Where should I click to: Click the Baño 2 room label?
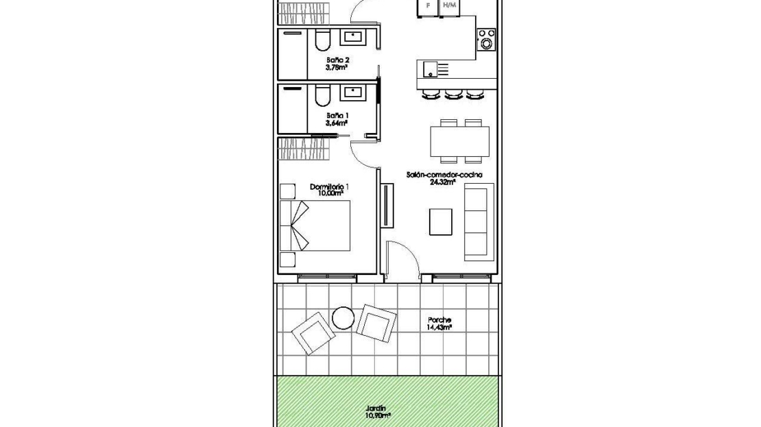tap(338, 60)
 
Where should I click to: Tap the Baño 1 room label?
tap(338, 116)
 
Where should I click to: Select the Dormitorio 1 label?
tap(330, 187)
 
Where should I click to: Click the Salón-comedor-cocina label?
tap(444, 175)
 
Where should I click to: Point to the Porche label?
tap(439, 320)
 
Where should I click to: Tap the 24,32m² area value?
tap(442, 182)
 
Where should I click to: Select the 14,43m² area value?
tap(439, 328)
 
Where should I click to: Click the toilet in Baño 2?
tap(322, 40)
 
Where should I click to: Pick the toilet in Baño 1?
tap(322, 96)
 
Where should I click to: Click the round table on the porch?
tap(343, 318)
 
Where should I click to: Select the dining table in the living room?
tap(459, 141)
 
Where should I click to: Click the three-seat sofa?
tap(479, 222)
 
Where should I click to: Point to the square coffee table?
tap(441, 222)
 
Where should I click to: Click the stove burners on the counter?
tap(486, 40)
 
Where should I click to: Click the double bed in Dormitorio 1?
tap(315, 225)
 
